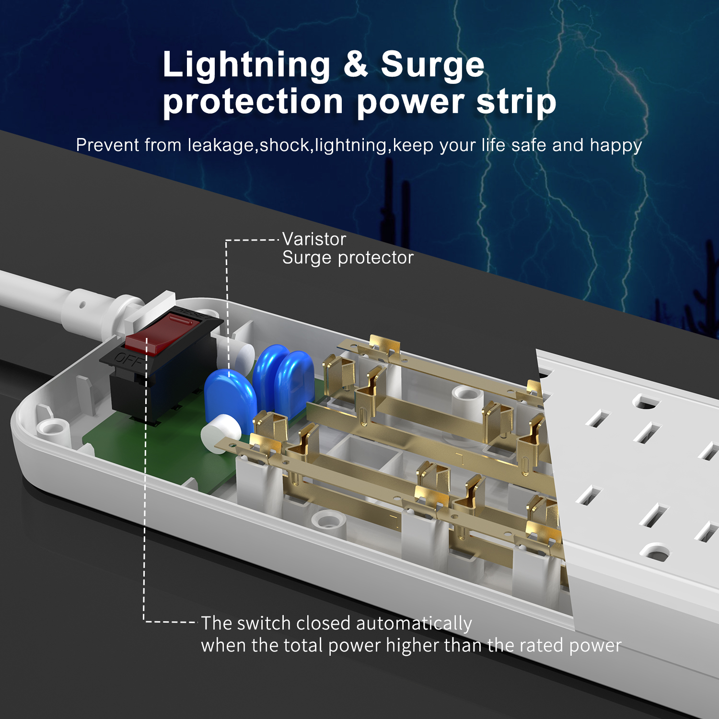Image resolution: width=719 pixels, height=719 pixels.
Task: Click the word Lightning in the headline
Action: tap(246, 65)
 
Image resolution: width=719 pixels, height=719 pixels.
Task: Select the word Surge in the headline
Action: tap(432, 65)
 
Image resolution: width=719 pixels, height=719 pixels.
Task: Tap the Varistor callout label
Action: tap(314, 239)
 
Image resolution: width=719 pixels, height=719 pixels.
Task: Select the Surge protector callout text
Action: tap(348, 258)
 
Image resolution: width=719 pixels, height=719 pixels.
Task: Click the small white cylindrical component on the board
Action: tap(220, 429)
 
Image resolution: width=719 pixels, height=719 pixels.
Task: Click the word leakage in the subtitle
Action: tap(220, 145)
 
